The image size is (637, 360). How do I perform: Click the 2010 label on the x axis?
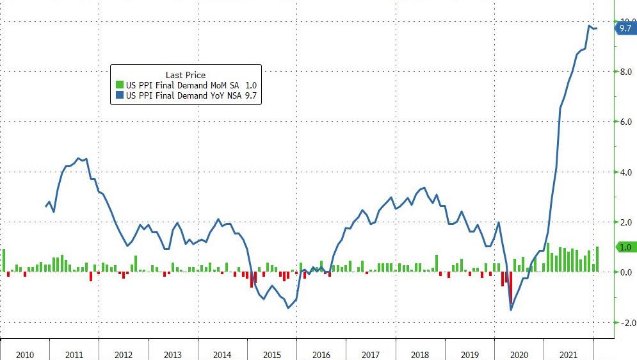pos(25,354)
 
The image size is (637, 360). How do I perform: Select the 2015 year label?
pos(271,354)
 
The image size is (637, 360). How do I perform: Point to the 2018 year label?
pos(420,354)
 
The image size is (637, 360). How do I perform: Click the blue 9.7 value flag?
pos(625,28)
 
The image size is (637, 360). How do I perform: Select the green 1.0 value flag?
pos(625,247)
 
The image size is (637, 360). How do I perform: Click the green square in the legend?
pos(119,85)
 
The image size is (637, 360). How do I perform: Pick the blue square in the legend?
pos(119,96)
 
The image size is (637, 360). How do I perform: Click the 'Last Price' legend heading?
pos(186,75)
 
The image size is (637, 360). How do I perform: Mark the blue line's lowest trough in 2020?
pos(511,309)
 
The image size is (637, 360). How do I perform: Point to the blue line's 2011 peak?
pos(78,158)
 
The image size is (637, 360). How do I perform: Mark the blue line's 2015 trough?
pos(288,307)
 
